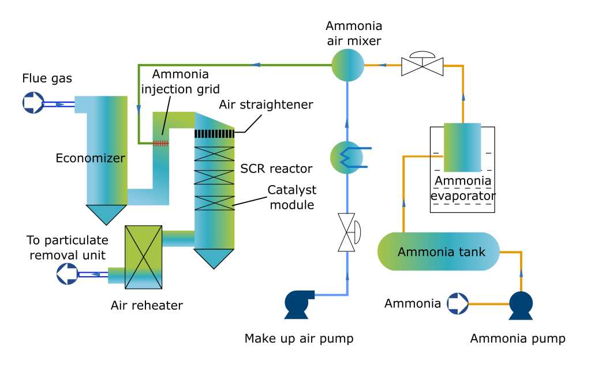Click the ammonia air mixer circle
(x=348, y=64)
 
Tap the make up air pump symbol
(x=298, y=303)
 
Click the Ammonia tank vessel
(x=438, y=251)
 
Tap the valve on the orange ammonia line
(x=421, y=65)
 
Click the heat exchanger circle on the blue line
(x=347, y=156)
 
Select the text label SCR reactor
(x=276, y=168)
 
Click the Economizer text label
(x=90, y=157)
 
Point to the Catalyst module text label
(x=291, y=197)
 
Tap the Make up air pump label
(x=298, y=339)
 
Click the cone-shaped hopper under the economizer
(x=106, y=214)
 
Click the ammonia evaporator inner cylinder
(x=462, y=148)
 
